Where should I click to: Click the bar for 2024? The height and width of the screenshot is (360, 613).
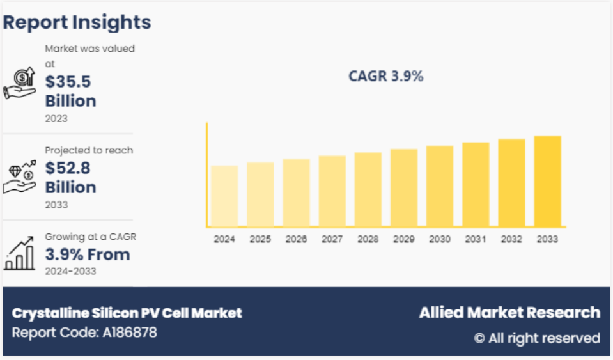224,196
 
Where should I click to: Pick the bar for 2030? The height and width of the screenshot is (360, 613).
440,186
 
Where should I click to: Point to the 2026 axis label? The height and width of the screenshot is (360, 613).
296,239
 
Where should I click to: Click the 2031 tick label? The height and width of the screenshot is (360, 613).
476,239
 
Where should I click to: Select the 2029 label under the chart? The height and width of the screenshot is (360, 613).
403,239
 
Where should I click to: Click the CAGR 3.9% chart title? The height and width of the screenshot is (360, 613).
385,76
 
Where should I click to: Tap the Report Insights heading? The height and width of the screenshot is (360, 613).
77,22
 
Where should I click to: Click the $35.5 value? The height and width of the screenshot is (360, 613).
68,81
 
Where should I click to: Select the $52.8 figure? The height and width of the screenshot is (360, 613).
68,168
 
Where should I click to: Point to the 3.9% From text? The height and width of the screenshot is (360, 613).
88,254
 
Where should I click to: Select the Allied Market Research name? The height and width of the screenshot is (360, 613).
509,313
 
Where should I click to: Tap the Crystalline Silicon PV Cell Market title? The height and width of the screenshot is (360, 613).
127,313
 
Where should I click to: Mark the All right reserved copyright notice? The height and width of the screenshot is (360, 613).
537,338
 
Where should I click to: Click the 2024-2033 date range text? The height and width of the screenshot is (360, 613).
70,271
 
